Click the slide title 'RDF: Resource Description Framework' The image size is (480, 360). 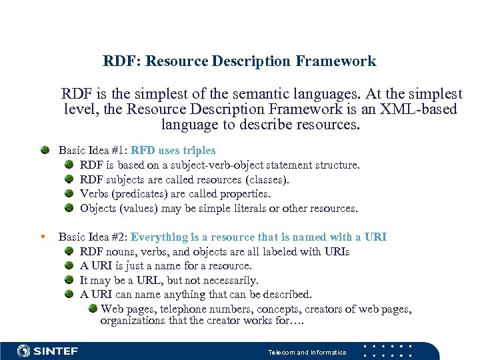click(x=239, y=61)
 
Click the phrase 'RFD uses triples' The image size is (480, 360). click(x=173, y=151)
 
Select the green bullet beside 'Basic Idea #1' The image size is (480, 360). click(x=44, y=151)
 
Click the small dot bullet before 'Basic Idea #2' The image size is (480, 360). click(x=43, y=237)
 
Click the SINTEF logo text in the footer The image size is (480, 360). click(x=57, y=351)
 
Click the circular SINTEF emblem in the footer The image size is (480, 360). click(x=24, y=351)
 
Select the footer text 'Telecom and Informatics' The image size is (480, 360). click(x=307, y=352)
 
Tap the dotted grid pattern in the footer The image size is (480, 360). click(x=388, y=351)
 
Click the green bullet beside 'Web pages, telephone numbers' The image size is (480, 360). click(x=93, y=309)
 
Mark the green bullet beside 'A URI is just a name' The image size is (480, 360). click(x=69, y=266)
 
